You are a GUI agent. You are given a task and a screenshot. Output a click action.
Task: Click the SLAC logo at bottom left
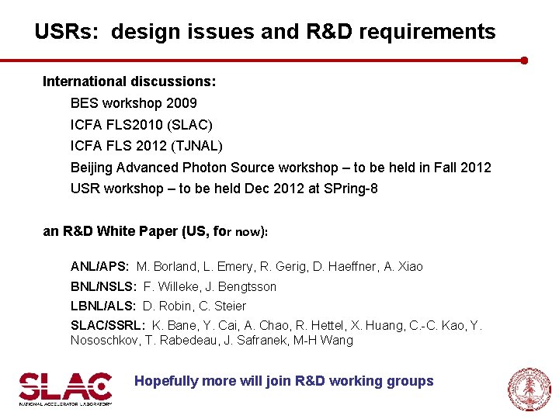(65, 388)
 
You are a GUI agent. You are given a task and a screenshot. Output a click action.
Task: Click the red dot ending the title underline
(525, 60)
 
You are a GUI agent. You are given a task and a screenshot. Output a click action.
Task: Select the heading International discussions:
(129, 81)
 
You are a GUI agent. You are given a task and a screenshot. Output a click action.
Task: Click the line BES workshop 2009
(134, 103)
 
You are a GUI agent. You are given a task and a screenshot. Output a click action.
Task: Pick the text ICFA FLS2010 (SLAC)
(141, 124)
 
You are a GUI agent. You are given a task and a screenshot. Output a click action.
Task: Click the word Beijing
(93, 168)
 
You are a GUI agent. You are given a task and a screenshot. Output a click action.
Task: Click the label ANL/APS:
(100, 267)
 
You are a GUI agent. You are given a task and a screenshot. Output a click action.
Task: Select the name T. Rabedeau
(177, 340)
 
